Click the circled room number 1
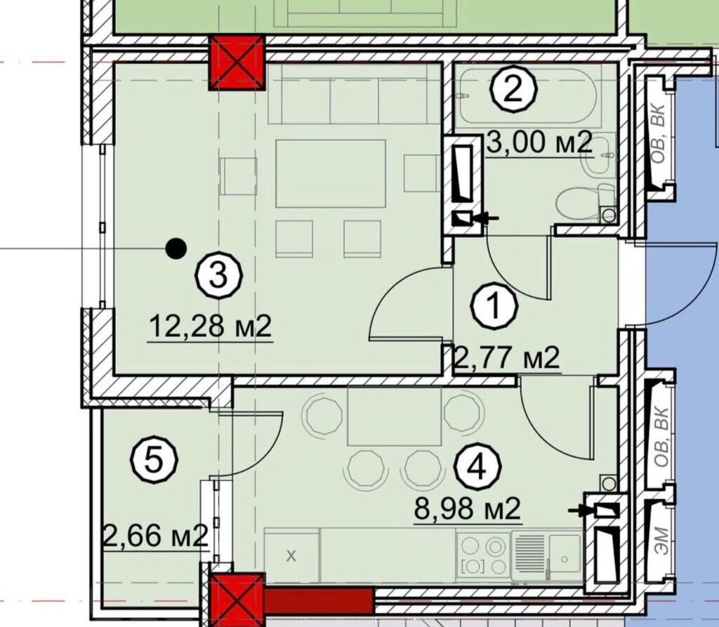(495, 306)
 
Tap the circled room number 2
(513, 89)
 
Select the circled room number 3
(219, 277)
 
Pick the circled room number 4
(477, 468)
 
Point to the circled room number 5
(154, 461)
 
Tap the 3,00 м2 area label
(539, 143)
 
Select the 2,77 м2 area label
(506, 358)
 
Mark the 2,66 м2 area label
(157, 536)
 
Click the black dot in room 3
(176, 249)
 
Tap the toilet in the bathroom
(586, 202)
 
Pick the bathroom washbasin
(598, 157)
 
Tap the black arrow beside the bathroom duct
(486, 218)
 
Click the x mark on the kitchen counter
(291, 556)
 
